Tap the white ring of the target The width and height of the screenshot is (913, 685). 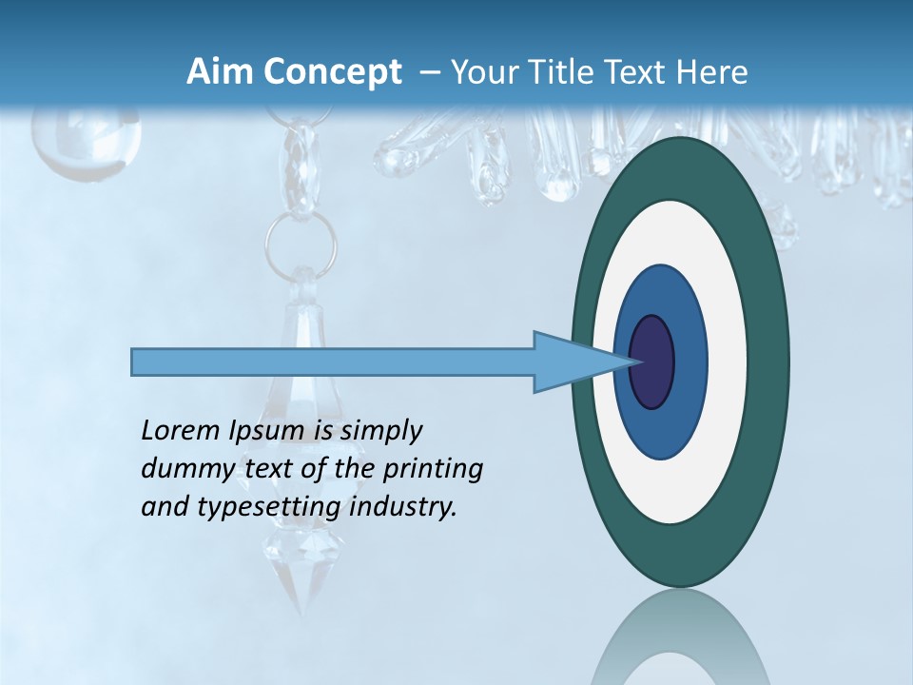728,362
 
